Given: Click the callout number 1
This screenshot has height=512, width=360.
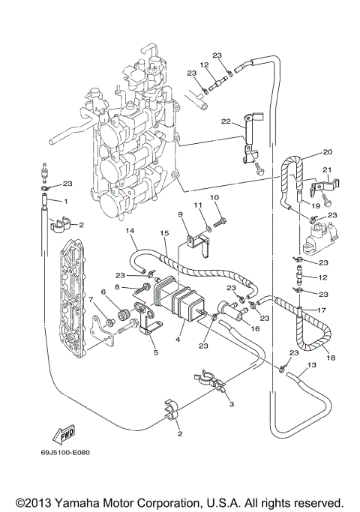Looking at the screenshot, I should point(66,202).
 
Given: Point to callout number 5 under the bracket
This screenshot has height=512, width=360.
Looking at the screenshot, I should point(154,351).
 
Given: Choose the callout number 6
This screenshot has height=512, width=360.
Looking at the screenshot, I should point(103,292).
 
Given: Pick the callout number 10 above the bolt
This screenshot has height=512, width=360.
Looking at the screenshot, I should point(214,197).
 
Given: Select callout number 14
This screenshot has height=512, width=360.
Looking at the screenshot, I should point(130,231).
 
